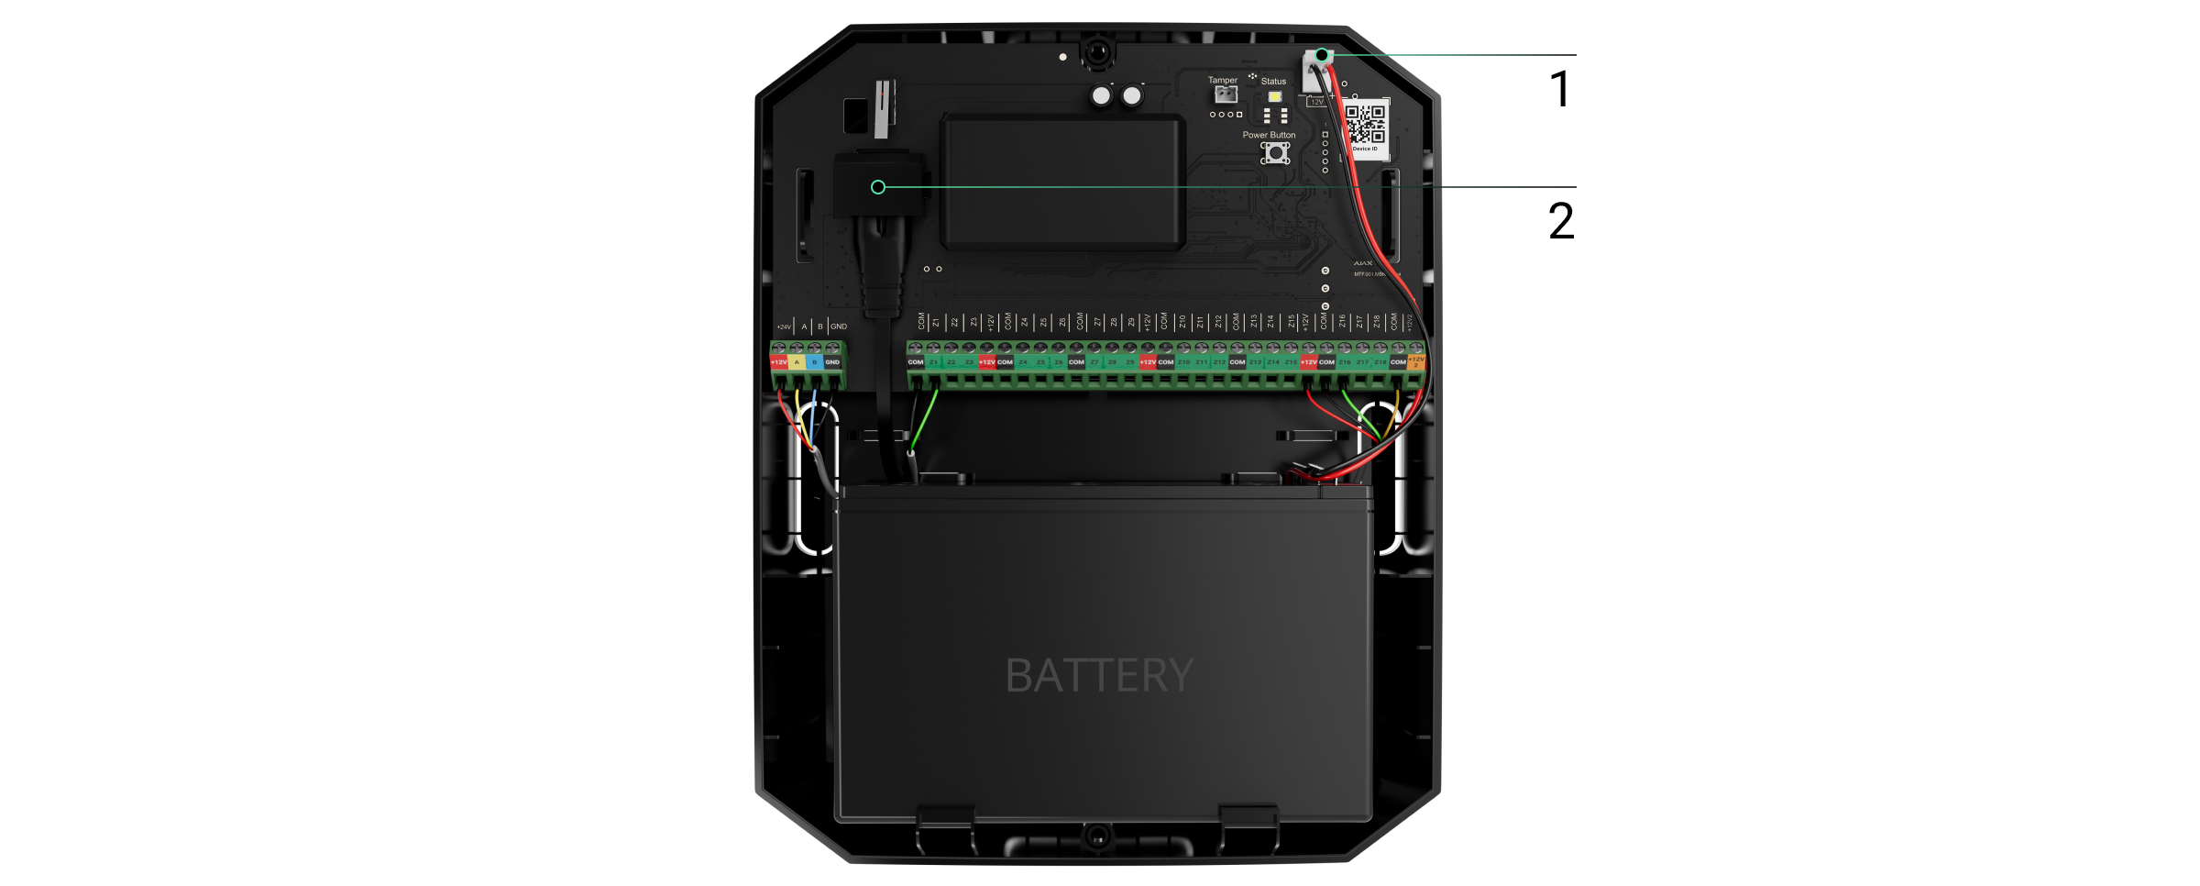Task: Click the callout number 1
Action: point(1559,90)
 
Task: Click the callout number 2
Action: point(1560,221)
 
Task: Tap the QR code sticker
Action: point(1365,124)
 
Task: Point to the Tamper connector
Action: point(1226,94)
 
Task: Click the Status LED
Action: point(1274,96)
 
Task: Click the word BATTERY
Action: point(1099,676)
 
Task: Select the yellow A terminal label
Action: point(797,362)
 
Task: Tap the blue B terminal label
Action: point(814,362)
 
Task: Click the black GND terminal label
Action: point(832,362)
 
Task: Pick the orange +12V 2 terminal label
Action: point(1415,362)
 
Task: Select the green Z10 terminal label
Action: point(1183,362)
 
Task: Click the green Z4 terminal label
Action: point(1023,362)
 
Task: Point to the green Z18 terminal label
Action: point(1380,362)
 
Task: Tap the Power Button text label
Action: point(1269,135)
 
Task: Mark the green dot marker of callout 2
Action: point(878,187)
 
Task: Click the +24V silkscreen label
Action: point(784,327)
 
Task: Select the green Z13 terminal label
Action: point(1255,362)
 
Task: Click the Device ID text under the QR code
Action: point(1365,149)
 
